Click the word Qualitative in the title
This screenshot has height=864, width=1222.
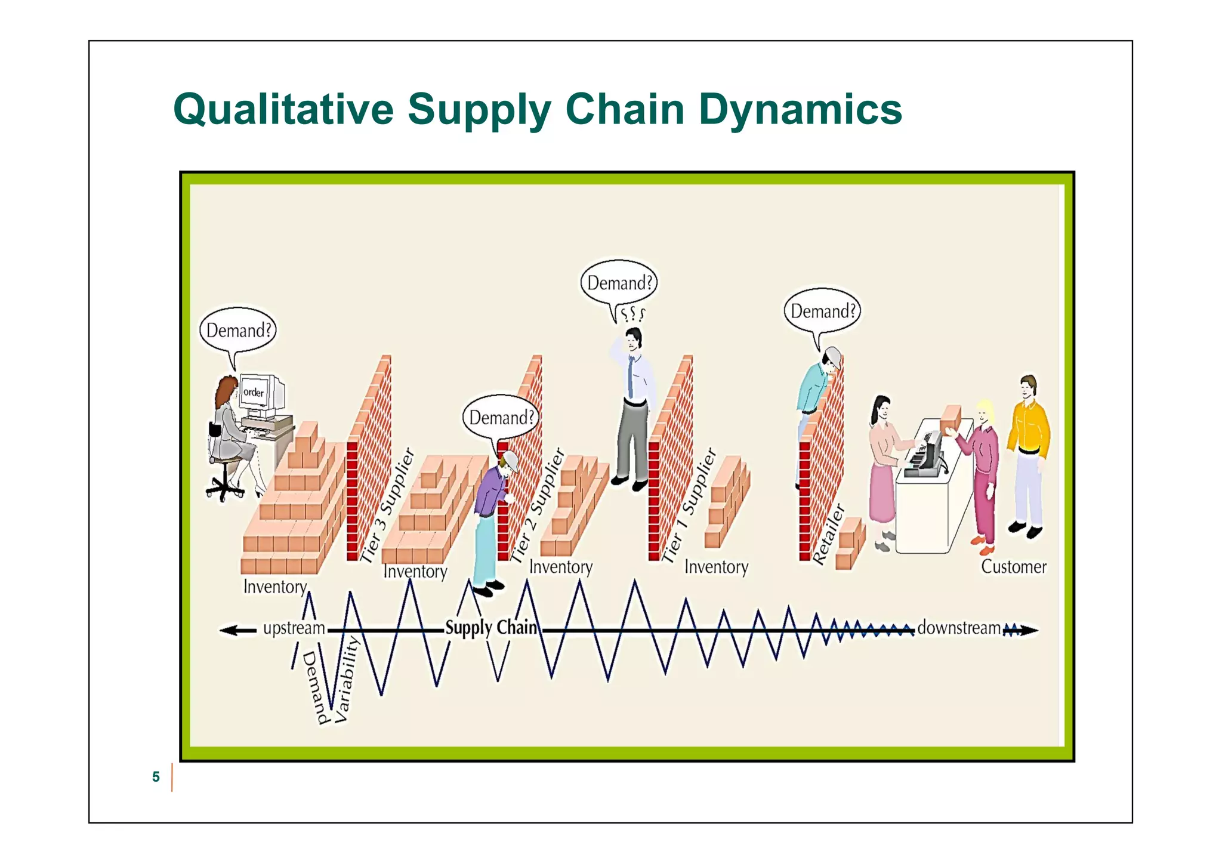[283, 110]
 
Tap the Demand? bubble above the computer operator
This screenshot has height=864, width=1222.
[238, 331]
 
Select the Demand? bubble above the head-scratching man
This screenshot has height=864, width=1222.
[619, 283]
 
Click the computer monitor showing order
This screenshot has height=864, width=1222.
[257, 394]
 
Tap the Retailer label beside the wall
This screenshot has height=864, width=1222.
[828, 535]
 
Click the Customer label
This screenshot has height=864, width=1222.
[1013, 567]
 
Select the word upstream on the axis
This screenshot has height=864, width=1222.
[294, 628]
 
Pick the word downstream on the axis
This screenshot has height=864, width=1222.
[959, 628]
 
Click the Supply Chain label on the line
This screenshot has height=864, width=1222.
[491, 628]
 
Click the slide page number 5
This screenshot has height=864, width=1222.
[156, 777]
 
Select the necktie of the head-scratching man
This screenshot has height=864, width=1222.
[631, 376]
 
